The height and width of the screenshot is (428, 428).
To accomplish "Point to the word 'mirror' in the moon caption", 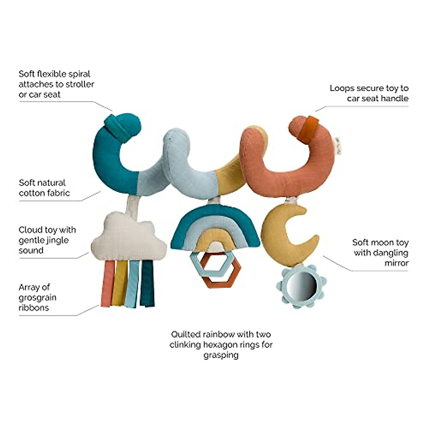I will (396, 263).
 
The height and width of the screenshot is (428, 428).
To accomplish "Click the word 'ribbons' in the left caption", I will (34, 307).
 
